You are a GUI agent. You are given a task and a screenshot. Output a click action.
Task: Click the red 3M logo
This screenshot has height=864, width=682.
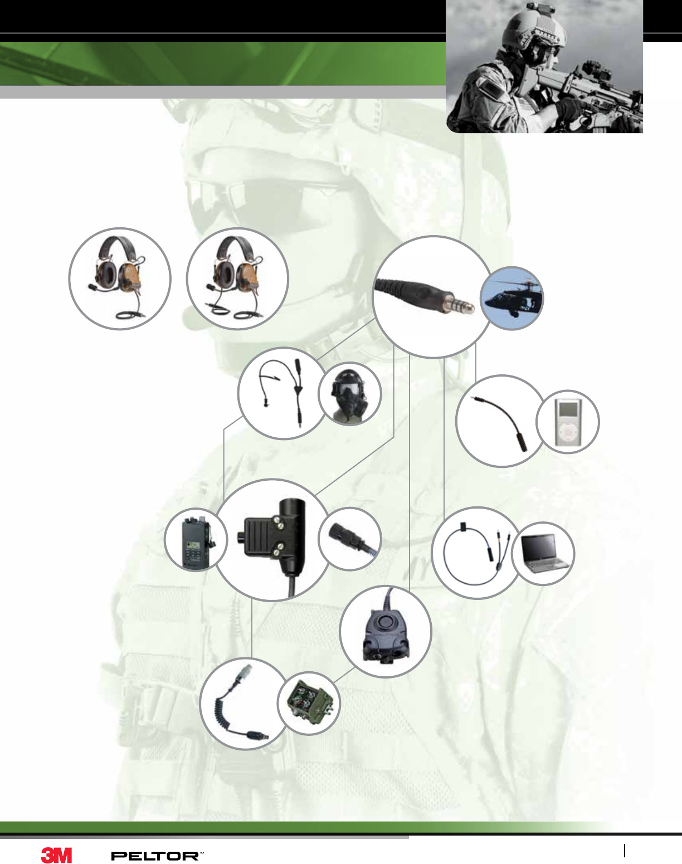pos(57,856)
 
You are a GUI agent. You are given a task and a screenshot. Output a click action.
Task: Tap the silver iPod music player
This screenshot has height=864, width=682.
pos(568,422)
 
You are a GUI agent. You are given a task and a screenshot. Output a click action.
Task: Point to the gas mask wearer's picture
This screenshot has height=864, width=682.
pos(349,395)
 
